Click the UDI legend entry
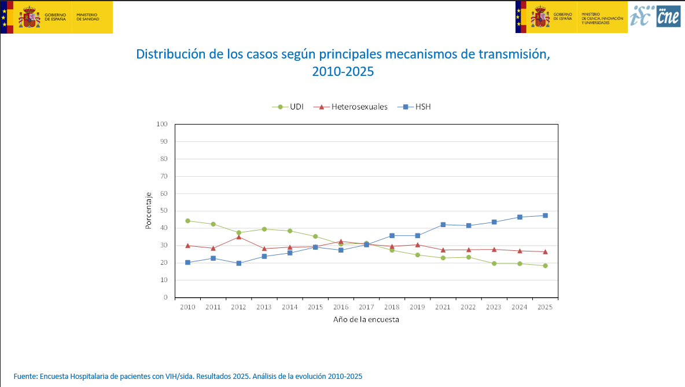coord(289,107)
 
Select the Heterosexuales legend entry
coord(353,107)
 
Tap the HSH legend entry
coord(417,107)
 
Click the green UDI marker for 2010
coord(187,221)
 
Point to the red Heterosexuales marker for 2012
coord(238,237)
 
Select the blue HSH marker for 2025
coord(545,216)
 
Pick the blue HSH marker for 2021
coord(443,224)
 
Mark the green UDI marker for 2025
coord(545,265)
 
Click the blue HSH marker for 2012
coord(238,263)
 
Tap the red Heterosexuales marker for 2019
coord(417,244)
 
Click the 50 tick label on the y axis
coord(164,211)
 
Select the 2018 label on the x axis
coord(392,307)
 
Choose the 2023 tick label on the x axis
coord(494,307)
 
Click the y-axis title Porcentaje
coord(148,210)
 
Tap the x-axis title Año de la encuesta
coord(366,319)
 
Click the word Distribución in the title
coord(169,54)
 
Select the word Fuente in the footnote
coord(24,376)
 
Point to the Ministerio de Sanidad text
coord(87,17)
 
